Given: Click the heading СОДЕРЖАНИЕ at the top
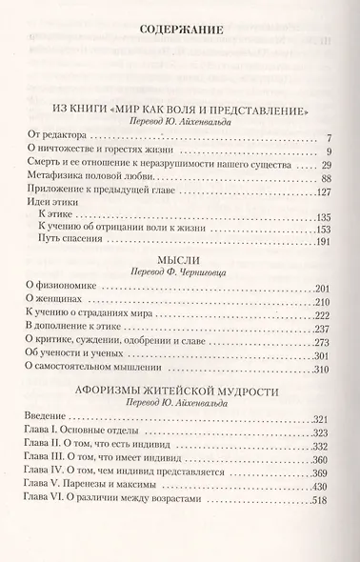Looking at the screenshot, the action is click(x=180, y=30).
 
